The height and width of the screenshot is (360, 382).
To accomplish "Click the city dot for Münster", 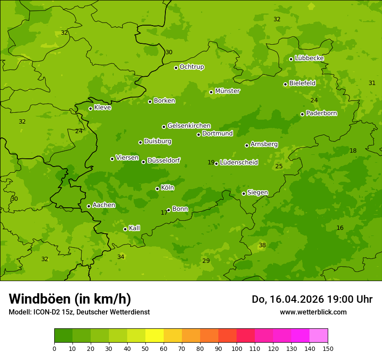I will click(211, 92).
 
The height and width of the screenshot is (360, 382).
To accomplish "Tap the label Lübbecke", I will click(309, 58).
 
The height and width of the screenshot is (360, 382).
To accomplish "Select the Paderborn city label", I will click(321, 113).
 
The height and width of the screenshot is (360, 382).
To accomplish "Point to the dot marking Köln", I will click(157, 189).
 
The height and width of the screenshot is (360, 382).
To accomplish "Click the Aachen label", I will click(104, 205).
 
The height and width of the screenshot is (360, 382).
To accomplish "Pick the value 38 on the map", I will click(262, 245).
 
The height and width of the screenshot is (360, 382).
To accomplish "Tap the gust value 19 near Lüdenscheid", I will click(211, 163).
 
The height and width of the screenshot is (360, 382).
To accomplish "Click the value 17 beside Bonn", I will click(164, 213).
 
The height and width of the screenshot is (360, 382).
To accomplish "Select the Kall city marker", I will click(125, 229).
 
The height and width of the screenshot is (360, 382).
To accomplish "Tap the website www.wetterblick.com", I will click(313, 312).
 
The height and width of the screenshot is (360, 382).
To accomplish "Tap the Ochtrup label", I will click(191, 67).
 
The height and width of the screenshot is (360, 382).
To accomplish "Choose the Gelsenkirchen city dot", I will click(164, 127).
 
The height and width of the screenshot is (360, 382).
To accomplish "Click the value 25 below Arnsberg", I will click(279, 166).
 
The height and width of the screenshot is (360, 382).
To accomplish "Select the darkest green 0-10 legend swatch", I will click(63, 336).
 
